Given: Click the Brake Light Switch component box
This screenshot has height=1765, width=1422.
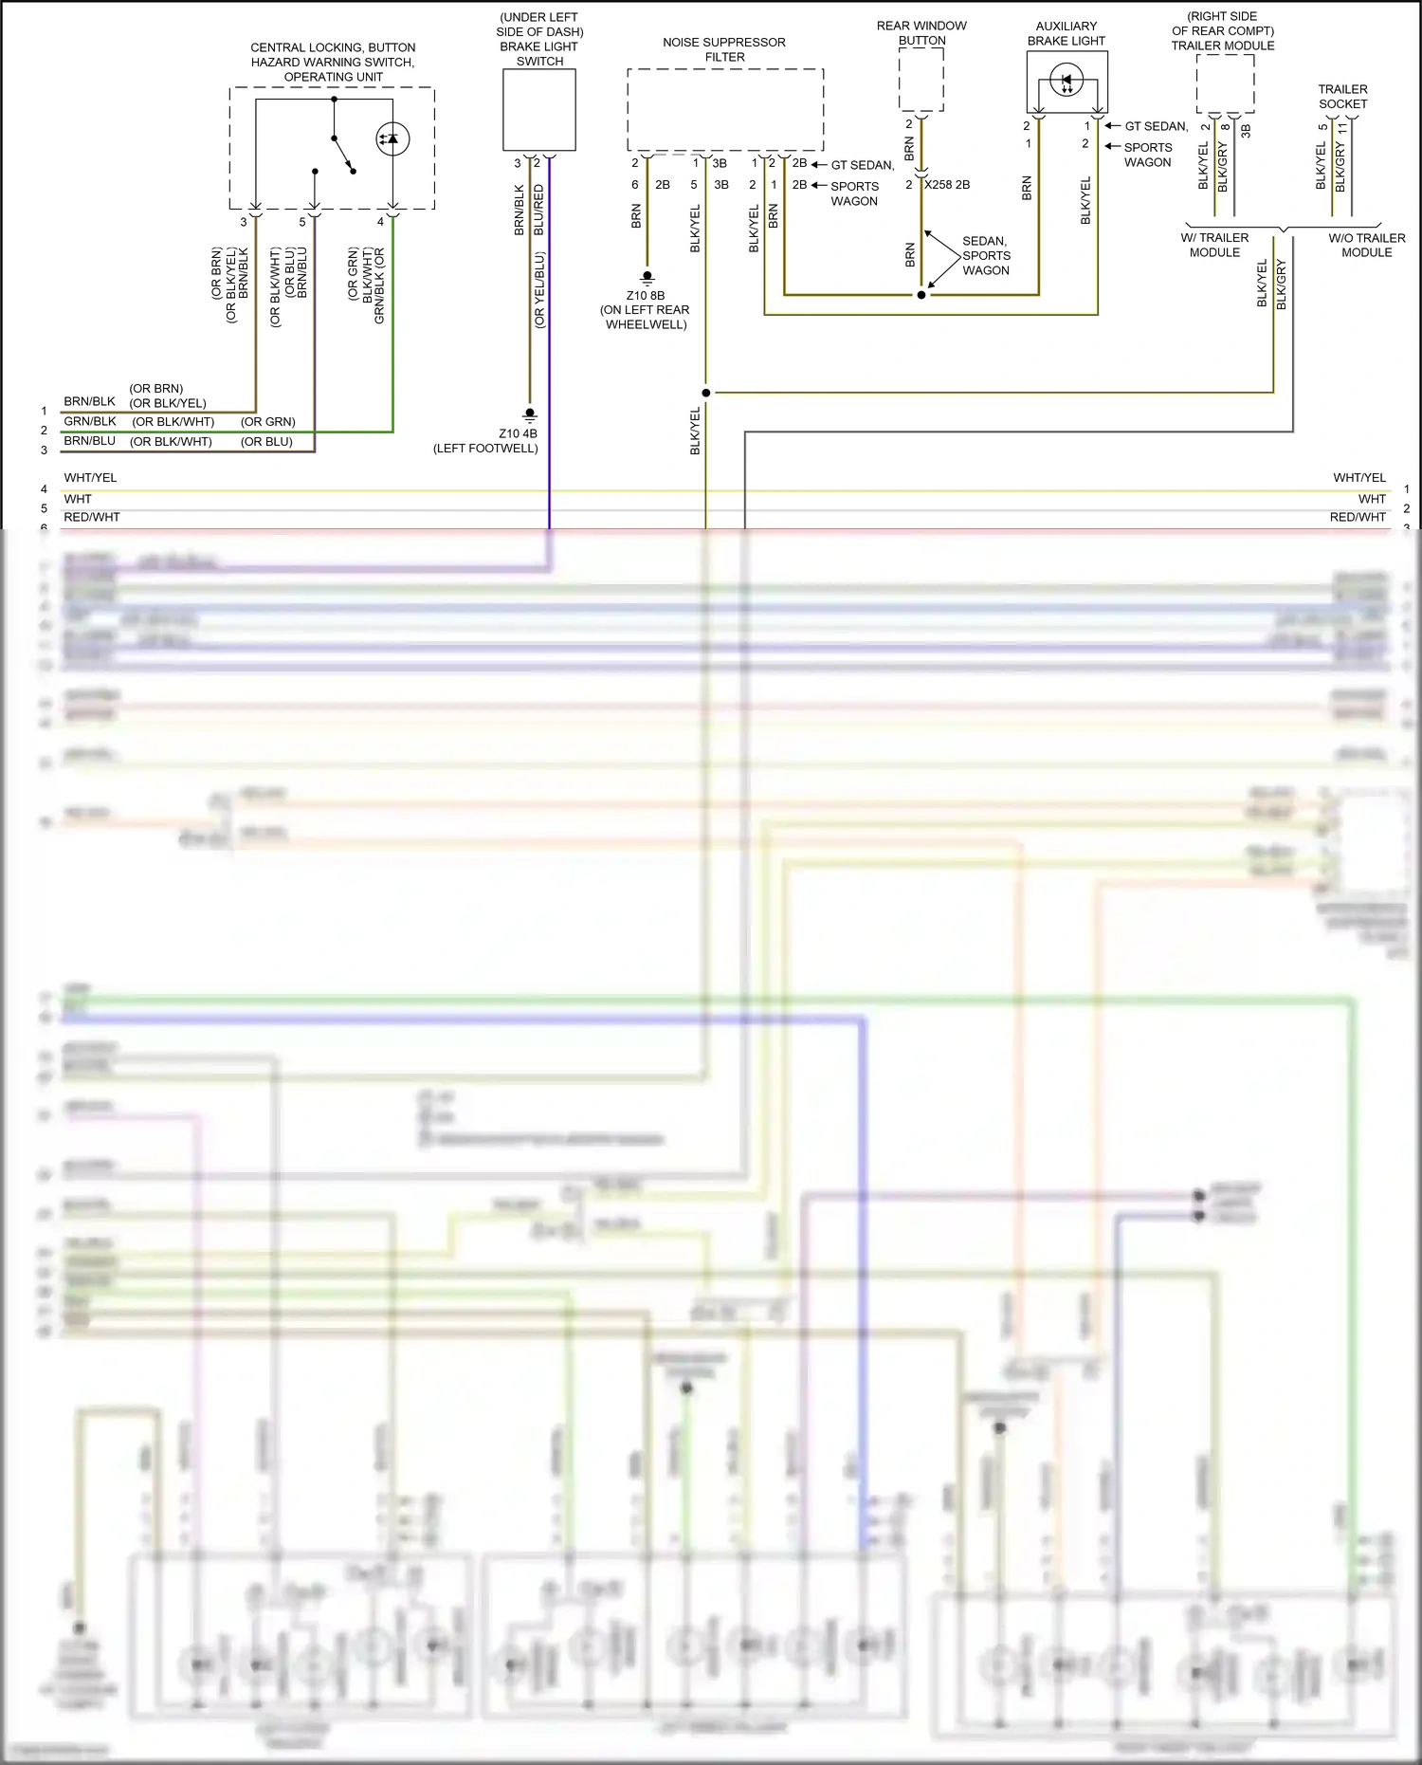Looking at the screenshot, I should point(538,110).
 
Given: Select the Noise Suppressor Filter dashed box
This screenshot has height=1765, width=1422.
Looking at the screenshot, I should point(725,109).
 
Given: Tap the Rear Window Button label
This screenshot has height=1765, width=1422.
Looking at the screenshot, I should point(921,33).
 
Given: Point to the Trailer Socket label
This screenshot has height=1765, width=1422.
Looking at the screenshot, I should point(1342,97).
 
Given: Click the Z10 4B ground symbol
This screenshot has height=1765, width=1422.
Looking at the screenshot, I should point(530,415).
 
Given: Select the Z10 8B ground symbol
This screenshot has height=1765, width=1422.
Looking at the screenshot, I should point(647,278).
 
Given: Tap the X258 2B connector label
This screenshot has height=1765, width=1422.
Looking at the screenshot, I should point(947,185).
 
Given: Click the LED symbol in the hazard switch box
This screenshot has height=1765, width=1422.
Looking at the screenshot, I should point(392,138).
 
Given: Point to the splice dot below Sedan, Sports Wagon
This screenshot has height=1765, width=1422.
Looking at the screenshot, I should point(921,295).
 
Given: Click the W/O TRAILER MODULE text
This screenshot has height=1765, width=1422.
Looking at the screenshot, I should point(1366,245).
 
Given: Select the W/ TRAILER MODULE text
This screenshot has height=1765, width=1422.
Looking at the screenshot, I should point(1214,245).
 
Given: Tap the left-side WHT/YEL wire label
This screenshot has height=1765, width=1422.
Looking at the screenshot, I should point(90,478).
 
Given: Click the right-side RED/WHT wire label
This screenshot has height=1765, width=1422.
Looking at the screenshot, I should point(1358,517).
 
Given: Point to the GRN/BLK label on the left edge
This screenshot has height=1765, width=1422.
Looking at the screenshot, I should point(90,421).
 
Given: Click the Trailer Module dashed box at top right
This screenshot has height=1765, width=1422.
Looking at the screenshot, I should point(1225,83).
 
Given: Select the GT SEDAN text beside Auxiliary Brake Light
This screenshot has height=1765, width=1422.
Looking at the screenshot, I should point(1156,126).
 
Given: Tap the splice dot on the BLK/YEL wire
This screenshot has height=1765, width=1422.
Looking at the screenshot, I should point(706,393).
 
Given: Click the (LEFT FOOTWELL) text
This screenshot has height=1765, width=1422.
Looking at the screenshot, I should point(485,449).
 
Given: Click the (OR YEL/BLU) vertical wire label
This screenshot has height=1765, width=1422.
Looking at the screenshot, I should point(539,289).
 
